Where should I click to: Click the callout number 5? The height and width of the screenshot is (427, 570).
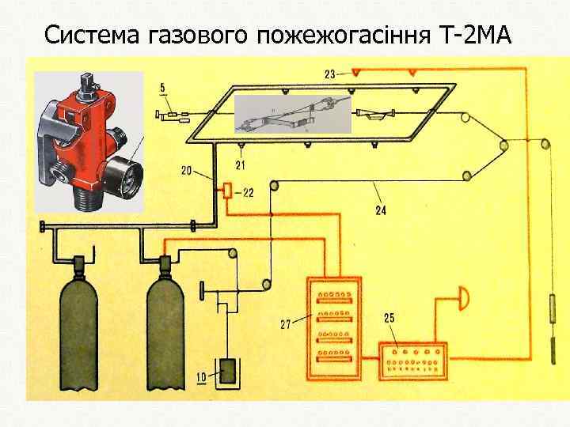click(162, 87)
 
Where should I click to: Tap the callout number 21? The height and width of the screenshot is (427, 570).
click(240, 164)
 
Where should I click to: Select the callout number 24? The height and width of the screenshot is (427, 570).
click(381, 211)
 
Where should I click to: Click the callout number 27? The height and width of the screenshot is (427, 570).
click(287, 323)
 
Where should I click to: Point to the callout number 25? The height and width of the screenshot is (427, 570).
click(389, 318)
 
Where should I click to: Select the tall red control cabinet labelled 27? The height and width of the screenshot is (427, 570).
click(333, 329)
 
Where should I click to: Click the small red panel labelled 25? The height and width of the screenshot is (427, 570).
click(412, 362)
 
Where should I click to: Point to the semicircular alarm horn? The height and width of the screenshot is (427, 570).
click(463, 300)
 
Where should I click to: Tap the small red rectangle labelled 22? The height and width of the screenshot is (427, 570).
click(227, 190)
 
